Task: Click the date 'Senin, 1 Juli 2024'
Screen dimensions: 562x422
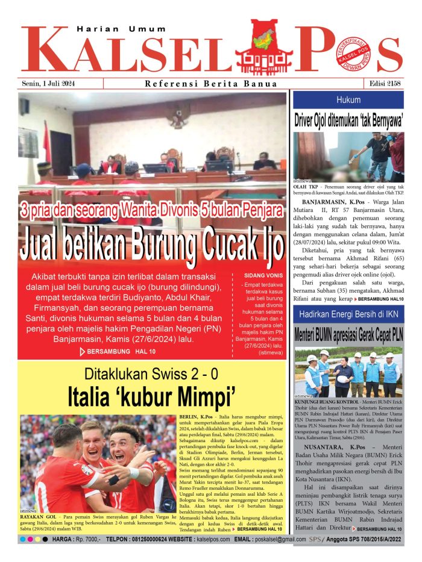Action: [x=49, y=84]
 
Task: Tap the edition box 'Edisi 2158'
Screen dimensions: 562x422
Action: [x=385, y=84]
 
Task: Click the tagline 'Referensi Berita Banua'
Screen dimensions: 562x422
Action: [x=211, y=84]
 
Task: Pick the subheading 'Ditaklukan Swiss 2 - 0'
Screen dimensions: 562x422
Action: [x=151, y=373]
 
